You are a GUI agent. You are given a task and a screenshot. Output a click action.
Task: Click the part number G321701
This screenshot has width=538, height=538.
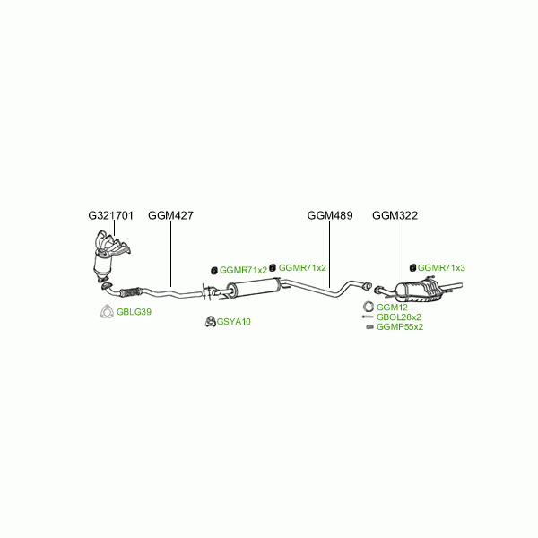pyautogui.click(x=110, y=215)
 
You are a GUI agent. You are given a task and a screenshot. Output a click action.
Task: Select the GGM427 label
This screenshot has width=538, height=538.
pyautogui.click(x=170, y=215)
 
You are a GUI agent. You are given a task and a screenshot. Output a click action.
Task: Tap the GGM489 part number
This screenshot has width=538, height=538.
pyautogui.click(x=330, y=215)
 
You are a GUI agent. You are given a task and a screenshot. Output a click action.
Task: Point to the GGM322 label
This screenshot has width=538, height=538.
pyautogui.click(x=395, y=215)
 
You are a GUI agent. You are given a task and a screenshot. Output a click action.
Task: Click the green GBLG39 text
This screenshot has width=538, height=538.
pyautogui.click(x=134, y=312)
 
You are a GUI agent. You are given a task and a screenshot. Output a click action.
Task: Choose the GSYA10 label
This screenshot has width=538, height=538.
pyautogui.click(x=234, y=322)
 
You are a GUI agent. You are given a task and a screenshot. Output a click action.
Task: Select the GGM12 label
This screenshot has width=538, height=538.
pyautogui.click(x=392, y=308)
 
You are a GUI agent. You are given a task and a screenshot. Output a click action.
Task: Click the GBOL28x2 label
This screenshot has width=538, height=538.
pyautogui.click(x=399, y=317)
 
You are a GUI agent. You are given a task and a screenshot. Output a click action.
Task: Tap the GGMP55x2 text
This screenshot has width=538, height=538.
pyautogui.click(x=400, y=327)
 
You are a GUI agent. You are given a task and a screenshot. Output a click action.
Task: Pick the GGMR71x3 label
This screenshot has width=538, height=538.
pyautogui.click(x=441, y=267)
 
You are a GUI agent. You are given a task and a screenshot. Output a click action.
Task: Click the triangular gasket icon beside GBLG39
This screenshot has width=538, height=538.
pyautogui.click(x=107, y=311)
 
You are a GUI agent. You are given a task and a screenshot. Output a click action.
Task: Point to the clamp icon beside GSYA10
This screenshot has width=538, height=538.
pyautogui.click(x=210, y=322)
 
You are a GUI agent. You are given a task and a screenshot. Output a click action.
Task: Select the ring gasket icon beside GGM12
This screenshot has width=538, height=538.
pyautogui.click(x=369, y=307)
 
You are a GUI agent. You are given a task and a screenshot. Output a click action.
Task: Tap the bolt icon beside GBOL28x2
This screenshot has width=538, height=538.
pyautogui.click(x=368, y=317)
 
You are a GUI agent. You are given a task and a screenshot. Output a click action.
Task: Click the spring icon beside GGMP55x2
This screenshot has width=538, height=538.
pyautogui.click(x=369, y=327)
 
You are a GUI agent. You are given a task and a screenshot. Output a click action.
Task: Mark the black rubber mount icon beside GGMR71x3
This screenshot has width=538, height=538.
pyautogui.click(x=413, y=267)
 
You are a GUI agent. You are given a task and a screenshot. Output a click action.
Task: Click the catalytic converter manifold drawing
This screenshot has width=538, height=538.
pyautogui.click(x=110, y=256)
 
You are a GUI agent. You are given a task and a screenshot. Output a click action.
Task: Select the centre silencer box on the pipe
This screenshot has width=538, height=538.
pyautogui.click(x=253, y=288)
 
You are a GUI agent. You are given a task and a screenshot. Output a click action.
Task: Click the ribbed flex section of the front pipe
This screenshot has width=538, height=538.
pyautogui.click(x=131, y=292)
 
